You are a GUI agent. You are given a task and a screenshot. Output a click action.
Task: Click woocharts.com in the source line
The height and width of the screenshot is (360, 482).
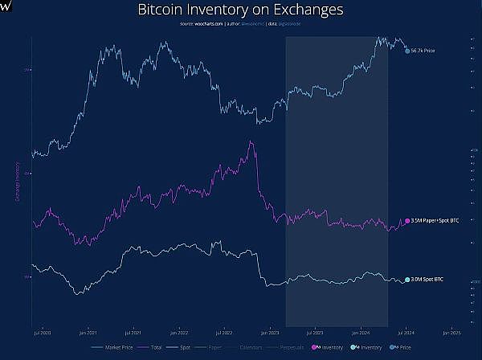(207, 26)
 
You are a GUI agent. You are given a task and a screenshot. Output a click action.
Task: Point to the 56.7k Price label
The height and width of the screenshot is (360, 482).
(423, 51)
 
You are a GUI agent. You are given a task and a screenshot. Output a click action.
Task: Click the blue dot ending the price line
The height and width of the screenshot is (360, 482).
(407, 51)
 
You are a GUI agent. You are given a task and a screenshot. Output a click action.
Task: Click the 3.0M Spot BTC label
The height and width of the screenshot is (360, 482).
(427, 280)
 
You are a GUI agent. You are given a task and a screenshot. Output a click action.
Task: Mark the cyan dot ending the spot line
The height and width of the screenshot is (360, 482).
(407, 280)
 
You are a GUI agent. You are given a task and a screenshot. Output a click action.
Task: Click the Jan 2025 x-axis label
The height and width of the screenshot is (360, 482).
(451, 330)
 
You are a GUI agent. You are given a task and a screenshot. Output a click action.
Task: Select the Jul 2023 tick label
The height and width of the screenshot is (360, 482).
(314, 330)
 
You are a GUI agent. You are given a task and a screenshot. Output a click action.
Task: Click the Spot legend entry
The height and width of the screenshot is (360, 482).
(186, 347)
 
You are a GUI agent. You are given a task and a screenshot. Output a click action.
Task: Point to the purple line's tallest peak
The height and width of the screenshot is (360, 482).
(252, 142)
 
